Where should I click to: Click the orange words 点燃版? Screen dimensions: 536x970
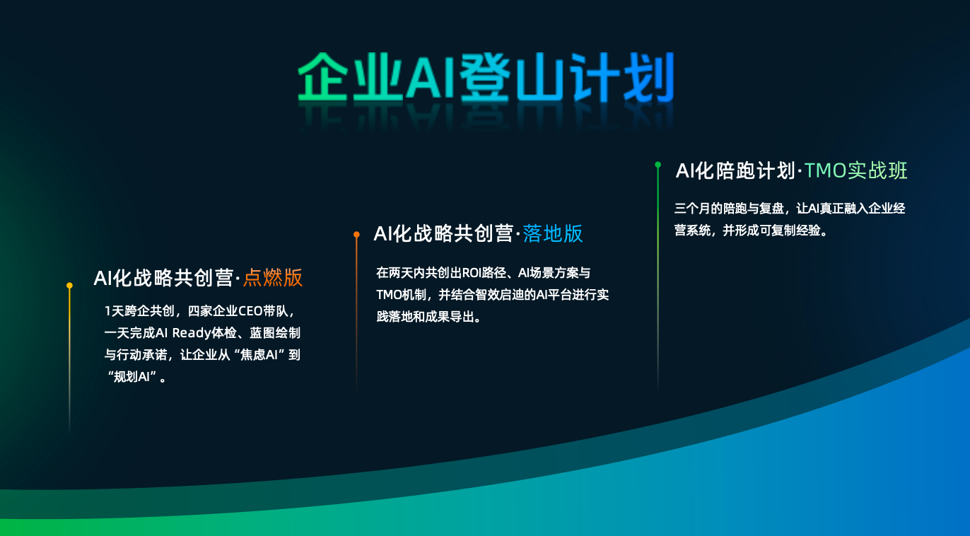coord(273,278)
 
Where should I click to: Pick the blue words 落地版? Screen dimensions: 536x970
coord(553,233)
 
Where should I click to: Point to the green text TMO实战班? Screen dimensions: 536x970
coord(855,170)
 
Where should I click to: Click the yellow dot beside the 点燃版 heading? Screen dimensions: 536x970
coord(69,286)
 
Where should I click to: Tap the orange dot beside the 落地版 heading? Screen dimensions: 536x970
coord(356,233)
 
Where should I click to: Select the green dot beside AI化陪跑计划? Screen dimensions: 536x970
coord(658,165)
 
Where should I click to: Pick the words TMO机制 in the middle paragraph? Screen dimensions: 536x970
coord(402,295)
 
